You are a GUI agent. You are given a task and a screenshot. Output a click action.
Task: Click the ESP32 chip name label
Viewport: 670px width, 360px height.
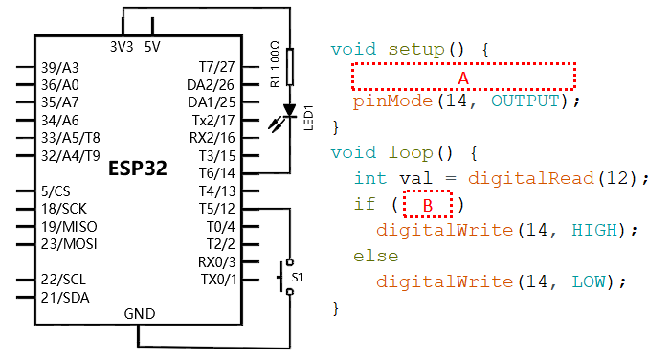tap(138, 168)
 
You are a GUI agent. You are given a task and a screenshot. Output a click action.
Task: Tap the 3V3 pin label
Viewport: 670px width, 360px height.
tap(122, 47)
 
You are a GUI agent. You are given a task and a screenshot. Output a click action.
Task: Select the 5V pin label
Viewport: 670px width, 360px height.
tap(152, 47)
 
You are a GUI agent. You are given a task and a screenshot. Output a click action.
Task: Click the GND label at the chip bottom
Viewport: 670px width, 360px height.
tap(140, 314)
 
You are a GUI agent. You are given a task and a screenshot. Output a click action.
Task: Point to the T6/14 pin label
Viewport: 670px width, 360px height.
tap(217, 173)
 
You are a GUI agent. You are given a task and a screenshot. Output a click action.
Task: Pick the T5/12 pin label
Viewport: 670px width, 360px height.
tap(217, 209)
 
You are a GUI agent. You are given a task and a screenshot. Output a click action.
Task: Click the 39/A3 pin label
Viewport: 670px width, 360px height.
tap(59, 68)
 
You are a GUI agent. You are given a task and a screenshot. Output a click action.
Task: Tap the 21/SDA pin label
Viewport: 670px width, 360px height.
tap(65, 298)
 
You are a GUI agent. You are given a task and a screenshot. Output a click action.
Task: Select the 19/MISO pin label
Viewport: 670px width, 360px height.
tap(69, 227)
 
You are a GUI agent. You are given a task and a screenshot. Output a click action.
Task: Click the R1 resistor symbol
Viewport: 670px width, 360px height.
tap(290, 67)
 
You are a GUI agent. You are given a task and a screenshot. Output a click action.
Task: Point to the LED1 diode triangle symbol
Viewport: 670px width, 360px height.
tap(290, 111)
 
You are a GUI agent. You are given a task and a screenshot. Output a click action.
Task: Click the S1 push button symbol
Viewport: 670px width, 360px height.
tap(286, 277)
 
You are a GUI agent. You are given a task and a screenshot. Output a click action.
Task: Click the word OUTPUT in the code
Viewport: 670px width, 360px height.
tap(525, 101)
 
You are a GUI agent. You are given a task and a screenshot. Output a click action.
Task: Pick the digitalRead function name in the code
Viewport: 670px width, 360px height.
tap(530, 178)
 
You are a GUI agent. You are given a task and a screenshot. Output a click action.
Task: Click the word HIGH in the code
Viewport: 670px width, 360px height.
tap(594, 231)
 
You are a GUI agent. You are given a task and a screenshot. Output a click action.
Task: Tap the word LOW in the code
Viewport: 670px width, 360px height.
tap(589, 282)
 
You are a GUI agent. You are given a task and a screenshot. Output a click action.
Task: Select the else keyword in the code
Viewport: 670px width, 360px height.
tap(375, 256)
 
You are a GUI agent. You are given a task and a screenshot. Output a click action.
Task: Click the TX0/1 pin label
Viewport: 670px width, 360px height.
tap(218, 280)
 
